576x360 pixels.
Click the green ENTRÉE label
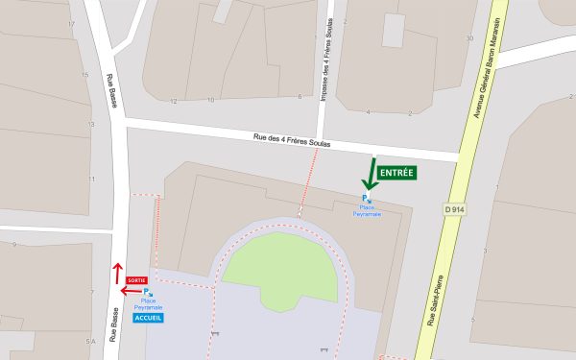pyautogui.click(x=397, y=174)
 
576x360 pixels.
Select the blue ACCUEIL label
pyautogui.click(x=149, y=318)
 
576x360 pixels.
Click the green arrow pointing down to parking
pyautogui.click(x=369, y=175)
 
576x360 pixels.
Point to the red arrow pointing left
pyautogui.click(x=130, y=289)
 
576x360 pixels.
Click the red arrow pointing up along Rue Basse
pyautogui.click(x=117, y=273)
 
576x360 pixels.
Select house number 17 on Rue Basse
pyautogui.click(x=71, y=23)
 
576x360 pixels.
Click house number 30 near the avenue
pyautogui.click(x=469, y=38)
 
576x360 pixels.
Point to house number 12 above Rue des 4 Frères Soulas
pyautogui.click(x=174, y=100)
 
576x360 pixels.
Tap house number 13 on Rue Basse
pyautogui.click(x=91, y=125)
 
